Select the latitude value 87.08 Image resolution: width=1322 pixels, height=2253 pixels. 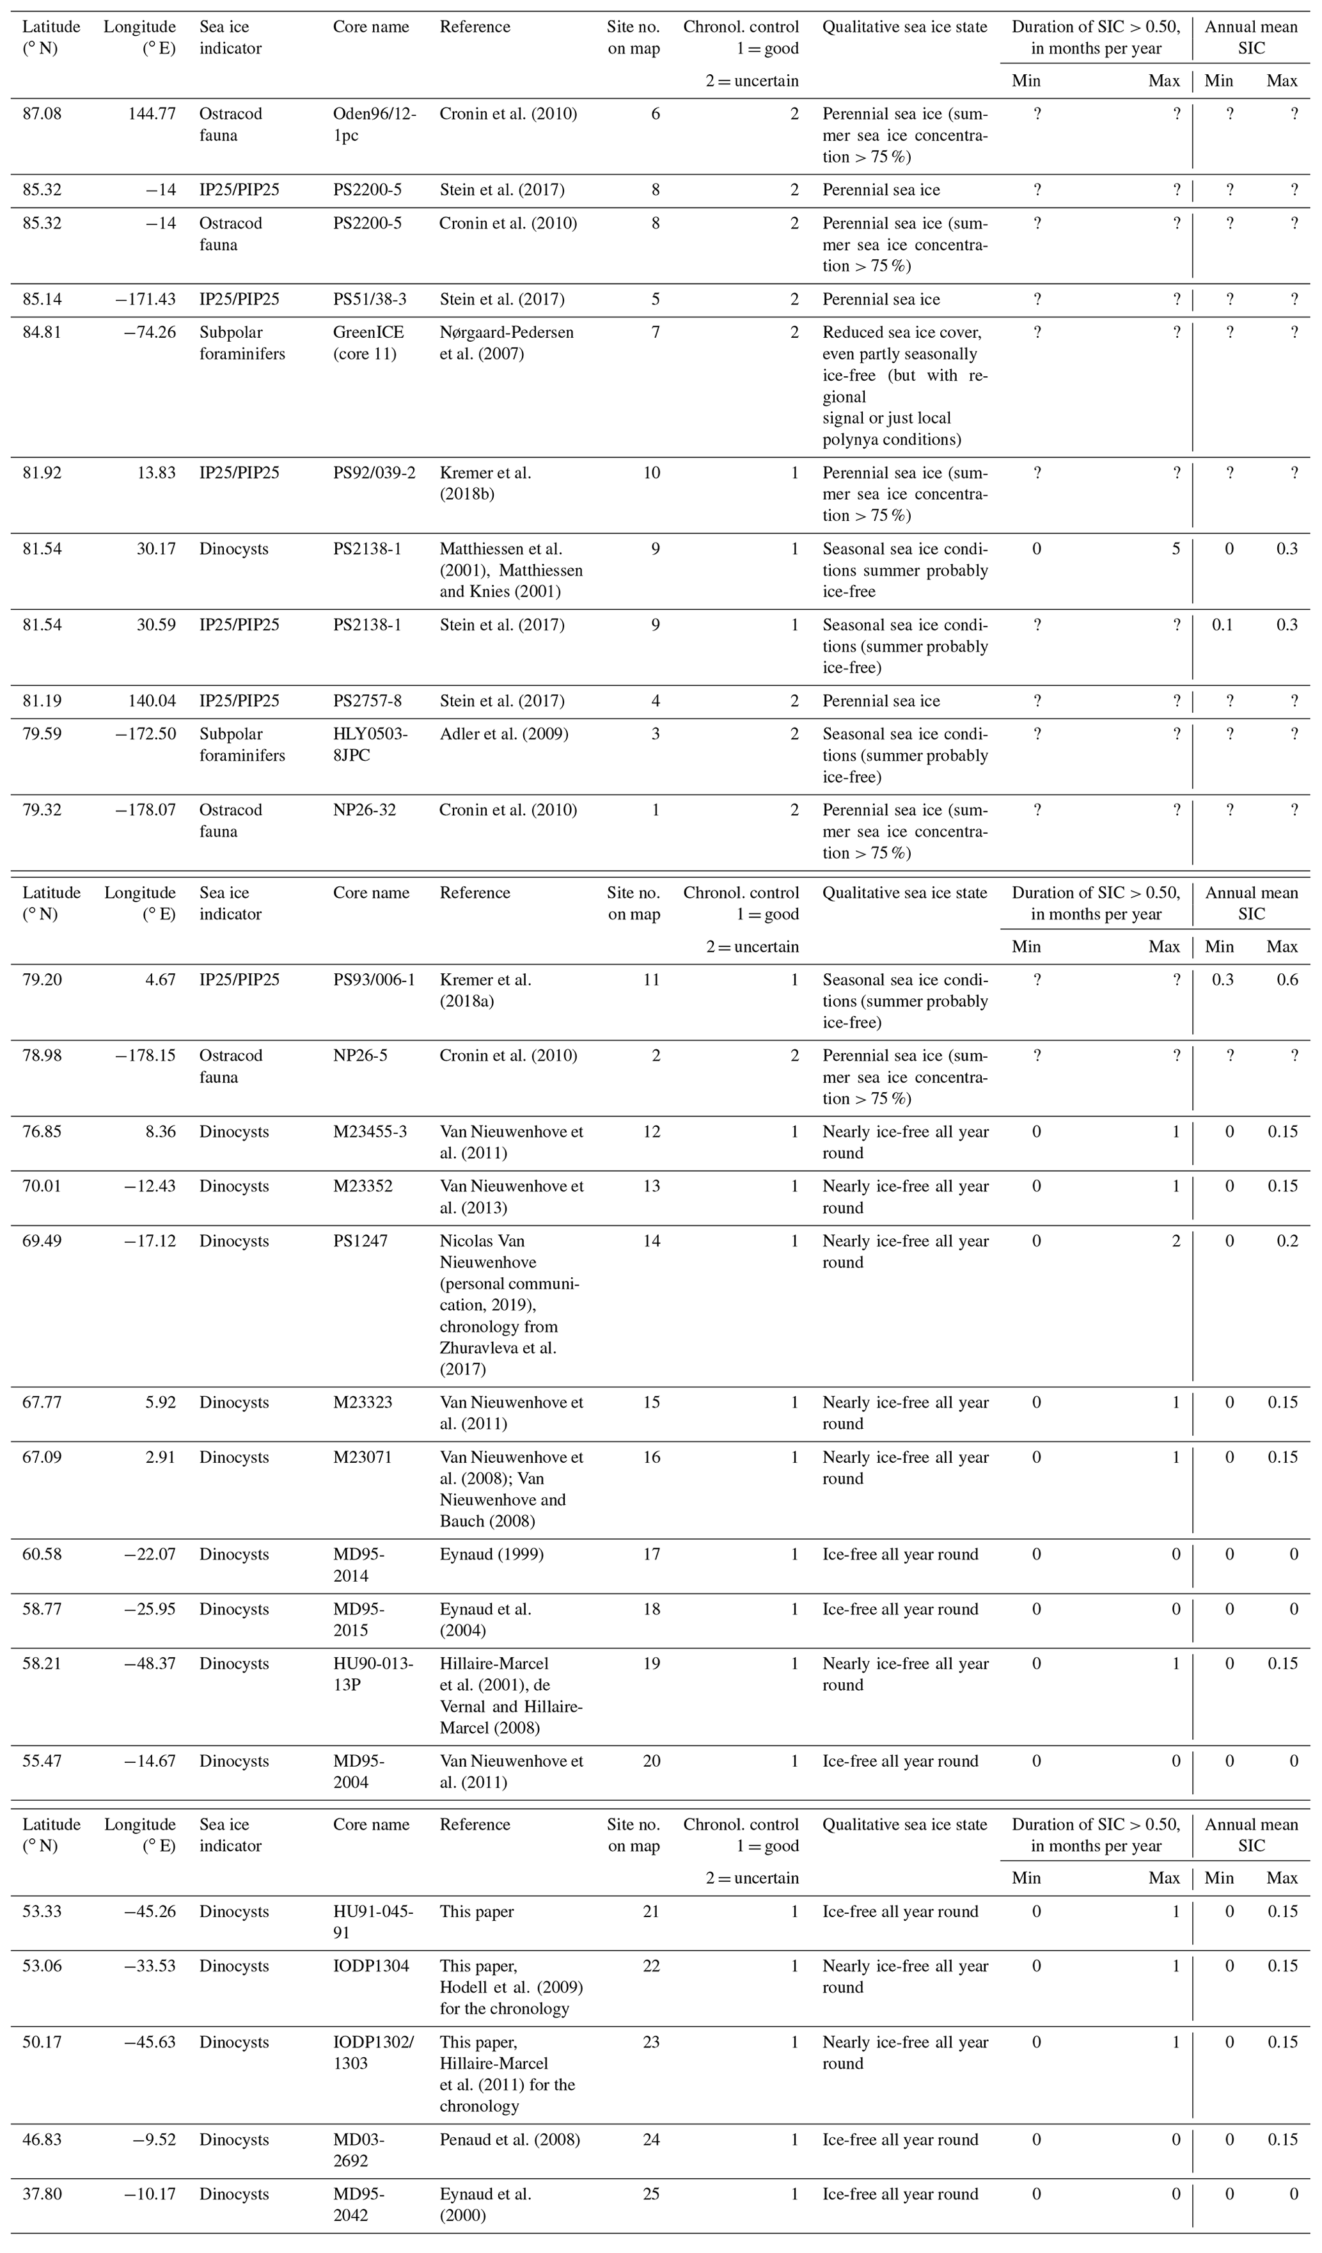42,113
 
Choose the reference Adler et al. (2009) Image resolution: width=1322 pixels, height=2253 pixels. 504,734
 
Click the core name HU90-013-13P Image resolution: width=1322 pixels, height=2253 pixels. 373,1674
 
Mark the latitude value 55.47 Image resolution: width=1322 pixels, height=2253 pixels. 42,1762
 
